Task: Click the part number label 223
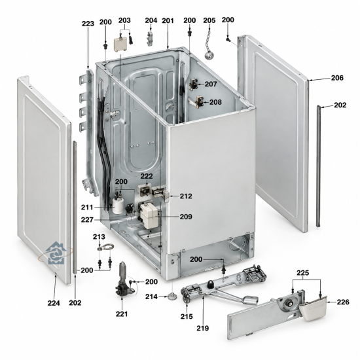click(88, 24)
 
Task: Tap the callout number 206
click(337, 78)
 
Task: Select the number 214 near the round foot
click(151, 297)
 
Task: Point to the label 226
click(343, 302)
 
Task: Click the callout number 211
click(87, 207)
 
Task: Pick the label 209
click(186, 217)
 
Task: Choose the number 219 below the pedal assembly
click(202, 329)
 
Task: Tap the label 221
click(122, 314)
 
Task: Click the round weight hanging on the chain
click(209, 56)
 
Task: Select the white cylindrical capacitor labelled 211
click(118, 206)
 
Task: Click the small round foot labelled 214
click(172, 297)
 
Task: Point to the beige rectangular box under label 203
click(120, 44)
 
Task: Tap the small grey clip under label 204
click(150, 39)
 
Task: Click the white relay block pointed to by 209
click(149, 216)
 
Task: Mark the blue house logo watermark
click(56, 253)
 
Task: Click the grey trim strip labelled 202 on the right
click(318, 166)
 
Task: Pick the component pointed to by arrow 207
click(194, 84)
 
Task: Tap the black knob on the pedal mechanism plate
click(211, 285)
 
